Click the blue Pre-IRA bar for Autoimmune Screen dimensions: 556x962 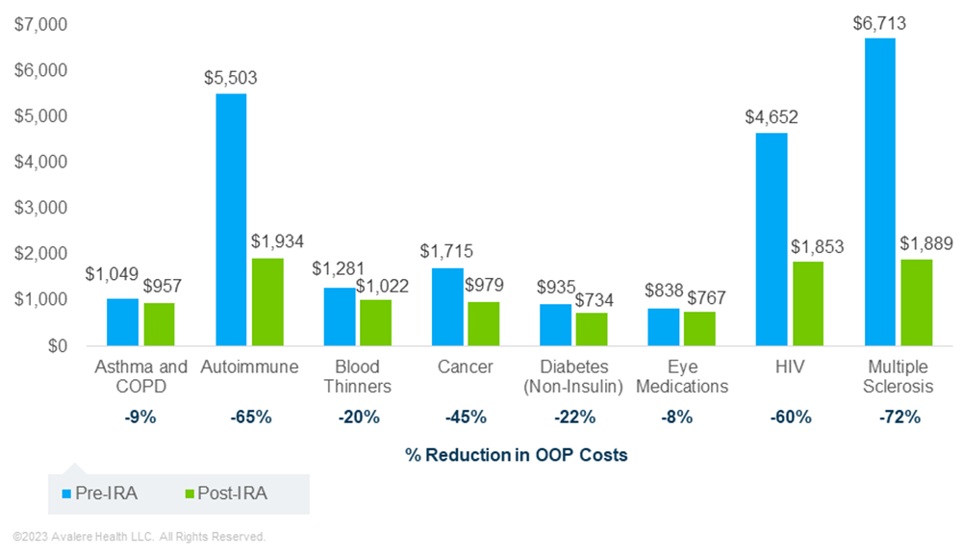pos(231,219)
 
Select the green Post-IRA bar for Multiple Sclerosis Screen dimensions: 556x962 pos(917,302)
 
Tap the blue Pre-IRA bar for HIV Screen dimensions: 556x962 pos(772,239)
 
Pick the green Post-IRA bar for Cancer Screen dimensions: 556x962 pos(484,323)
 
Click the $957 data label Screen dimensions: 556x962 pos(161,286)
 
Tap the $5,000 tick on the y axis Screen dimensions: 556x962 pos(39,116)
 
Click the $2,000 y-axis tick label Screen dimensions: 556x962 pos(39,254)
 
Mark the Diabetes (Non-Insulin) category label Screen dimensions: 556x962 pos(574,376)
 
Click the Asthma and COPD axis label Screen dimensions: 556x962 pos(141,376)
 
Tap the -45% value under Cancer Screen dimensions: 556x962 pos(466,417)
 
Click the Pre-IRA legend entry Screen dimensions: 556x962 pos(99,493)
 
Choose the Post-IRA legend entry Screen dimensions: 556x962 pos(225,493)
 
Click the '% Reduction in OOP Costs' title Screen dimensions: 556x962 pos(517,454)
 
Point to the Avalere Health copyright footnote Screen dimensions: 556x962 pos(139,537)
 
